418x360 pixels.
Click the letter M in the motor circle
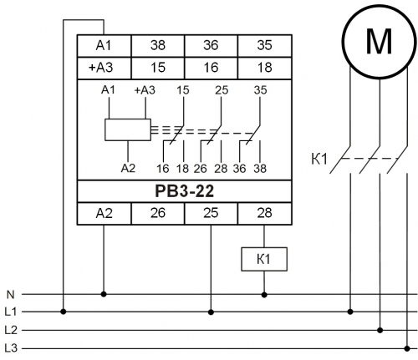click(379, 41)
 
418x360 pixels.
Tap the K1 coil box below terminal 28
click(264, 259)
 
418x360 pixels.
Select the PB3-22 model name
click(185, 191)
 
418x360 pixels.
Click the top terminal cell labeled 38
click(158, 46)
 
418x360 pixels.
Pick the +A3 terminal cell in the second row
click(104, 68)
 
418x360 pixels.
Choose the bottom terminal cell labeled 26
click(158, 213)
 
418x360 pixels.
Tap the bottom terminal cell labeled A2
click(104, 213)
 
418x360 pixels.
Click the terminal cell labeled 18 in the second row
click(265, 68)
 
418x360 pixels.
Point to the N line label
click(10, 294)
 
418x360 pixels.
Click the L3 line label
click(11, 348)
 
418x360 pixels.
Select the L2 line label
click(11, 330)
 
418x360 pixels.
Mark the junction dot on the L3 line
click(407, 348)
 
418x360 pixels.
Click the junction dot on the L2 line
click(380, 330)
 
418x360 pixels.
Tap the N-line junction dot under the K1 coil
click(264, 294)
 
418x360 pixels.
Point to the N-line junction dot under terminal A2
click(104, 294)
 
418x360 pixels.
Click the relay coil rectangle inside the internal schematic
click(128, 129)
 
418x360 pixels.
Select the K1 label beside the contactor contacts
click(319, 160)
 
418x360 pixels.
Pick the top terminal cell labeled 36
click(211, 46)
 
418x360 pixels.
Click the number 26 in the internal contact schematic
click(201, 169)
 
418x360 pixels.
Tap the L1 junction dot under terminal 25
click(211, 312)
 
